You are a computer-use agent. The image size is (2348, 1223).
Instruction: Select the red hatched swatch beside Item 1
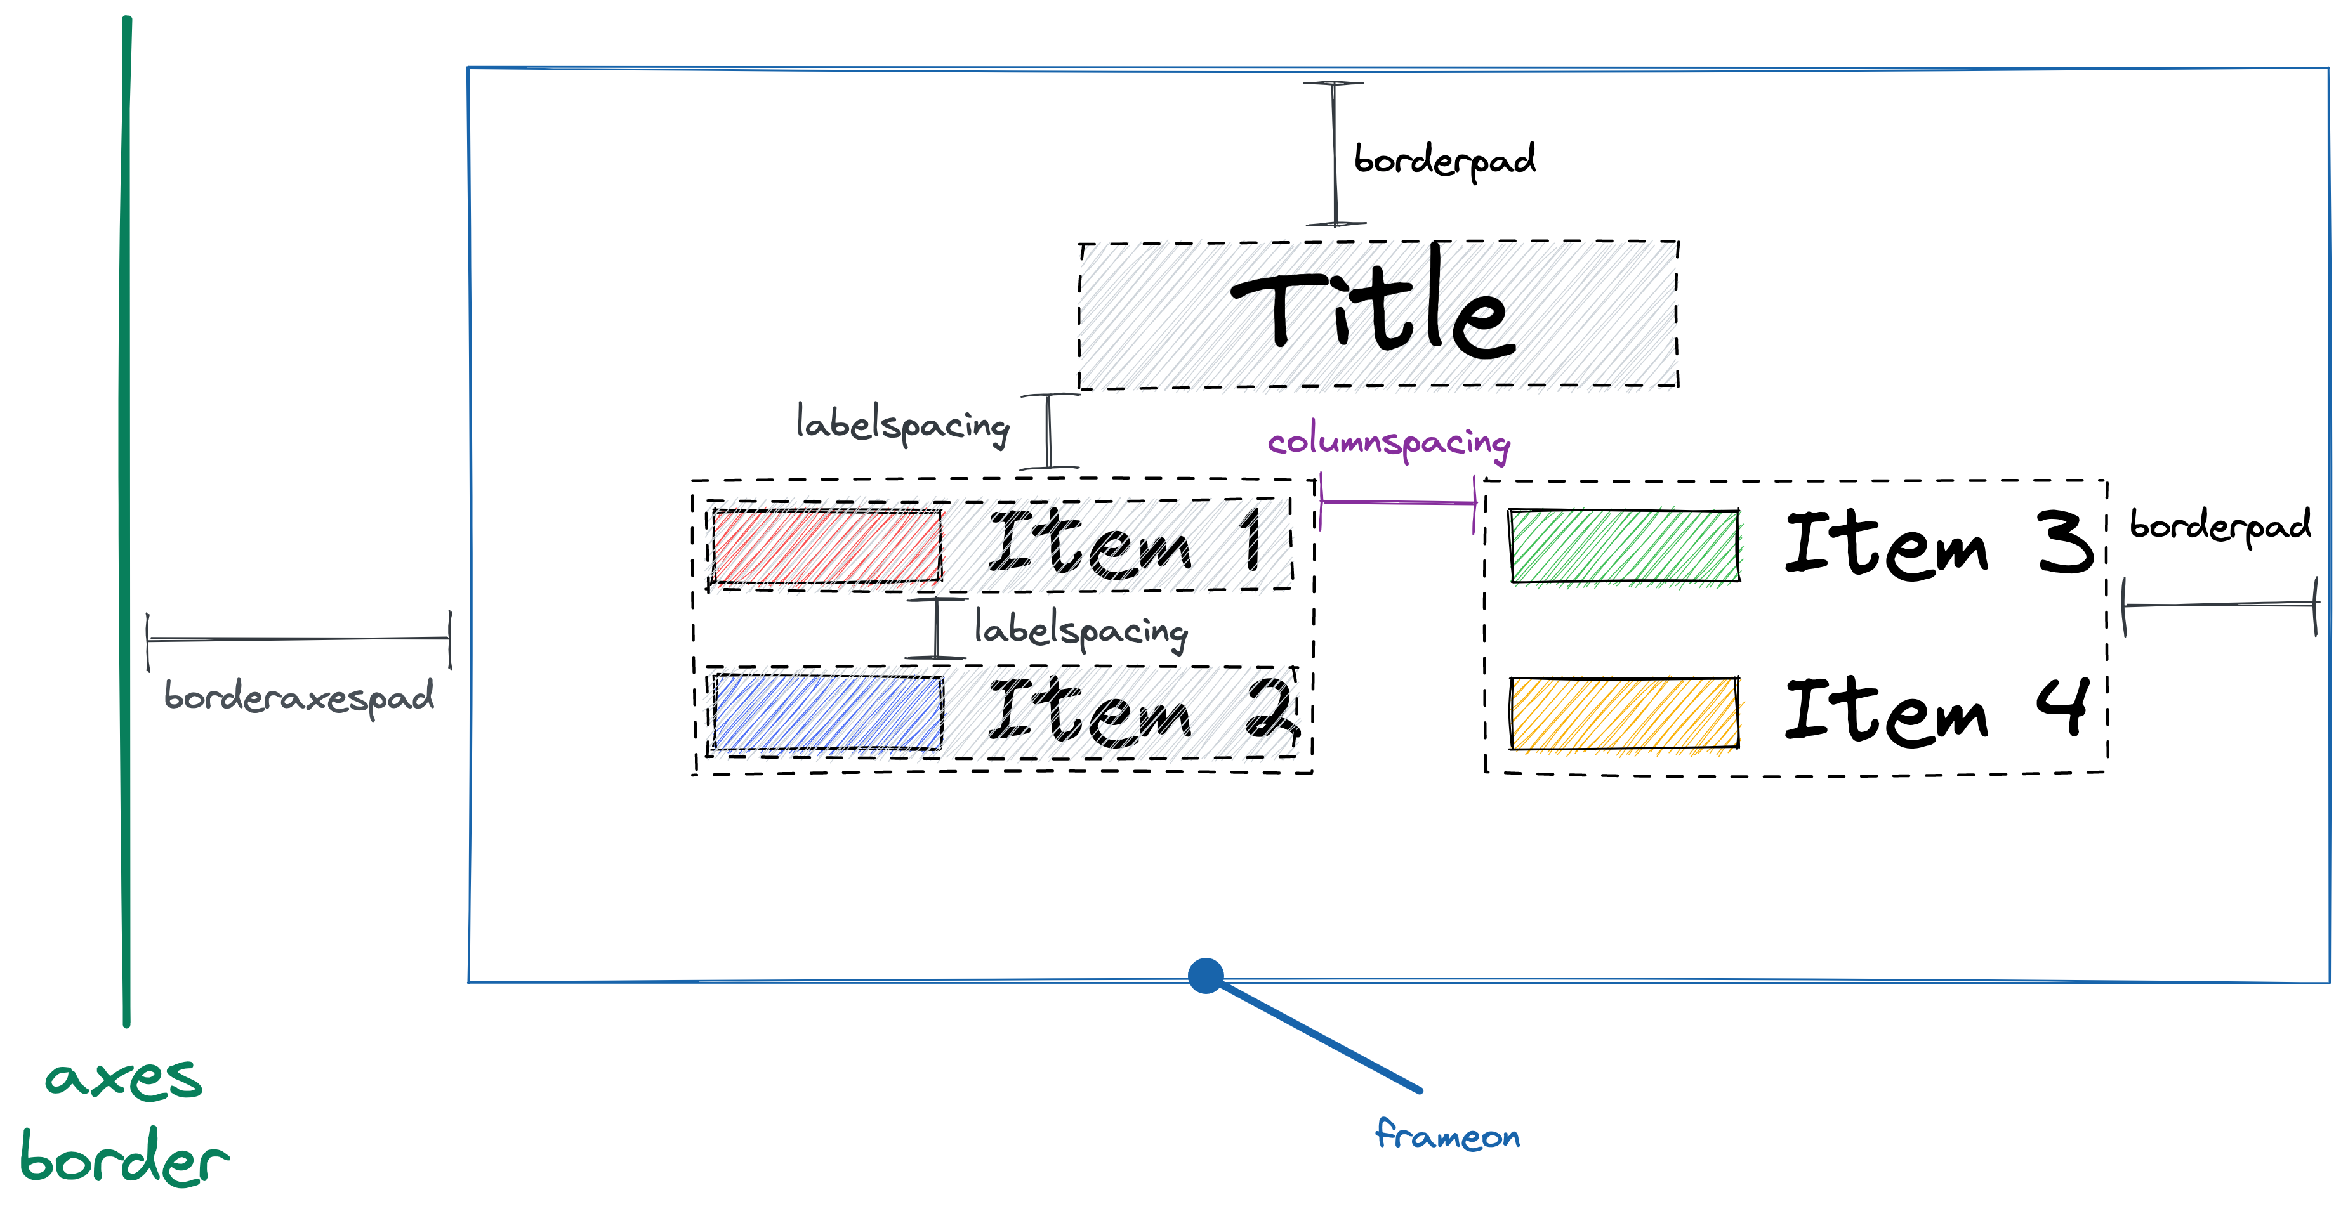[x=826, y=546]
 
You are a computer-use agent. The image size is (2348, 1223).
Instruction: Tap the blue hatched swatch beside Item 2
[x=828, y=712]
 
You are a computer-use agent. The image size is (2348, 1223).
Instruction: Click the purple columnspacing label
[x=1388, y=442]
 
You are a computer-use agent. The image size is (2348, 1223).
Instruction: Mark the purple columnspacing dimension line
[x=1397, y=501]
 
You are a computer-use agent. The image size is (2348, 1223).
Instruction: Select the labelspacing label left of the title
[x=902, y=424]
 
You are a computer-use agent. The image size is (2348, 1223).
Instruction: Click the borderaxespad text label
[x=299, y=698]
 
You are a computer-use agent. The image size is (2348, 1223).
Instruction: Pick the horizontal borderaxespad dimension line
[x=299, y=639]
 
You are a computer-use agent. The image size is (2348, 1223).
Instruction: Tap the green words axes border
[x=124, y=1120]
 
